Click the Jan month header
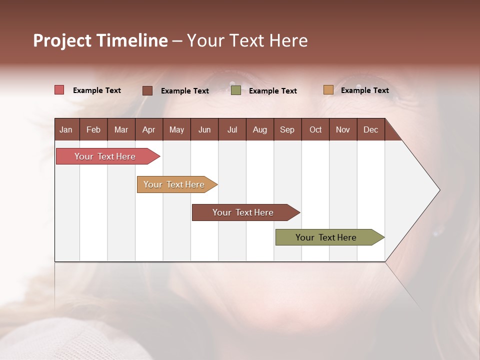coord(66,129)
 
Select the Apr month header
coord(148,129)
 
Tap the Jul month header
coord(232,129)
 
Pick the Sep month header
coord(287,129)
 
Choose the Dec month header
coord(370,129)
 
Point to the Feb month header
coord(93,129)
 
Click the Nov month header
coord(342,129)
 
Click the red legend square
coord(59,90)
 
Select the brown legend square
coord(147,90)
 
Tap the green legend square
coord(236,90)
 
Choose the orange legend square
coord(328,90)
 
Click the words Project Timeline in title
coord(100,40)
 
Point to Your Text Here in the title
coord(247,40)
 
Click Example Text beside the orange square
coord(364,90)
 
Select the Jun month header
coord(204,129)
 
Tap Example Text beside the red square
coord(97,90)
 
